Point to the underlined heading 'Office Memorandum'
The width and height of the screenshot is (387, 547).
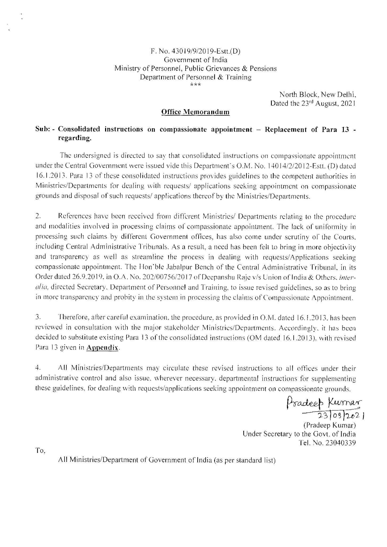[196, 112]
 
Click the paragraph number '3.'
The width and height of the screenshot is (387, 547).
[38, 318]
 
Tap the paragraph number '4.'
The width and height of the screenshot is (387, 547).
[38, 368]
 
